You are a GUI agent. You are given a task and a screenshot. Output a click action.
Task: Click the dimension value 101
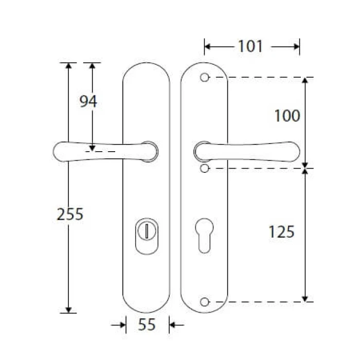pyautogui.click(x=250, y=46)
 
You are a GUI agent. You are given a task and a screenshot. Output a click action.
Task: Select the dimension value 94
pyautogui.click(x=88, y=101)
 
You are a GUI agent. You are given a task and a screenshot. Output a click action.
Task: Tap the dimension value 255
pyautogui.click(x=70, y=214)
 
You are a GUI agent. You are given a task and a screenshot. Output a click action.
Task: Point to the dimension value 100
pyautogui.click(x=287, y=116)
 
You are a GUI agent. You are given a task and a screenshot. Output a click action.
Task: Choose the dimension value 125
pyautogui.click(x=281, y=231)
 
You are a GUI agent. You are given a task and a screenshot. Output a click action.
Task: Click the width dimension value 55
pyautogui.click(x=147, y=325)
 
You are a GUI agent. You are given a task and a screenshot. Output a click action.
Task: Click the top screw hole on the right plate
pyautogui.click(x=204, y=77)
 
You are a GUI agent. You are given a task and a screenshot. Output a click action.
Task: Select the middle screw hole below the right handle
pyautogui.click(x=204, y=169)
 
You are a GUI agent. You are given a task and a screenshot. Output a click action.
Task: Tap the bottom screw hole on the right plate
pyautogui.click(x=204, y=302)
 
